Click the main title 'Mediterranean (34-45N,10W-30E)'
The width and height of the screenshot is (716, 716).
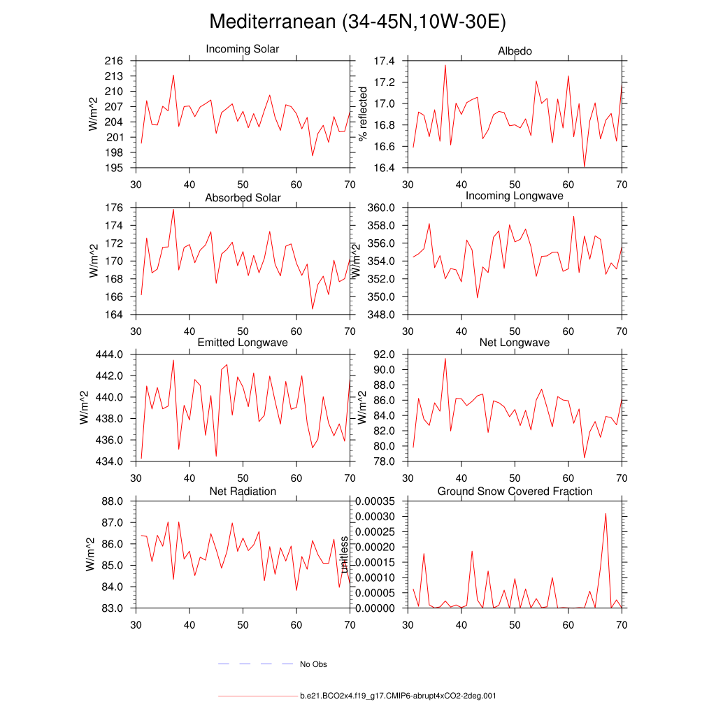coord(357,22)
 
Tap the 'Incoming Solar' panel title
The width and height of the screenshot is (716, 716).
coord(242,49)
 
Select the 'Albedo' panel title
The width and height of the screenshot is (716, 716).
coord(515,51)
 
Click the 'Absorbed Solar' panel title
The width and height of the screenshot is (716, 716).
coord(243,198)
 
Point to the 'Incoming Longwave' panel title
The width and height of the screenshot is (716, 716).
coord(515,196)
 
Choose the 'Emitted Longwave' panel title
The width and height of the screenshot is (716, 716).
coord(243,343)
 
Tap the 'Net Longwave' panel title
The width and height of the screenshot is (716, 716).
coord(515,343)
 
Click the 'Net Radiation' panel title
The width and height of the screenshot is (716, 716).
coord(243,492)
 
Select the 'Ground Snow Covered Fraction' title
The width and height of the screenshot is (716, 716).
coord(515,492)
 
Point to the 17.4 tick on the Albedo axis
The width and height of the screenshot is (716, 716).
coord(385,62)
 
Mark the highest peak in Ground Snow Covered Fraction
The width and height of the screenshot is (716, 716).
coord(606,513)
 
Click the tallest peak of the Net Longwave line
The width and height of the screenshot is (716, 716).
coord(445,358)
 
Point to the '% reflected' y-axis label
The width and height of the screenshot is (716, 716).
coord(362,114)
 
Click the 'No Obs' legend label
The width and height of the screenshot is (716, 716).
coord(313,664)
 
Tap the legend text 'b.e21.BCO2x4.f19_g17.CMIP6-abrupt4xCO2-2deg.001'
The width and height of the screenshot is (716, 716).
coord(398,696)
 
